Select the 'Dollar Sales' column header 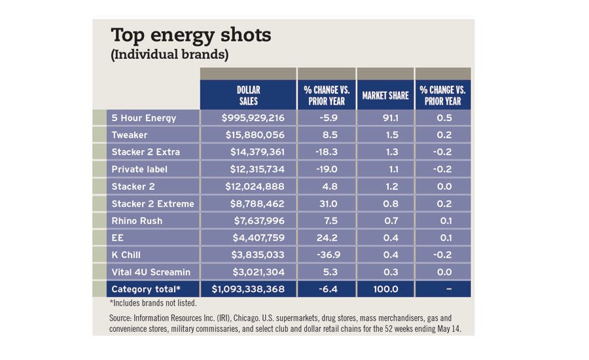(248, 95)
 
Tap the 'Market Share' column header (385, 96)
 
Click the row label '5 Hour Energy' (144, 118)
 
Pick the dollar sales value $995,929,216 (248, 118)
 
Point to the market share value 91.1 (385, 118)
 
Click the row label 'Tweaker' (130, 135)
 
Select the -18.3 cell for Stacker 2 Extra (326, 152)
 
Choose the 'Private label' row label (139, 169)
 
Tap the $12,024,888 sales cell (248, 186)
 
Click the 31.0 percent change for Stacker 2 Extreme (326, 204)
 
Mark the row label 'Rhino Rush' (137, 221)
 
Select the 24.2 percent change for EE (326, 238)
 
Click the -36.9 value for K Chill (326, 255)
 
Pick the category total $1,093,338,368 (248, 289)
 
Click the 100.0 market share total (385, 289)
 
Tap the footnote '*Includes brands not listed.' (153, 303)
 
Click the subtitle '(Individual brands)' (170, 55)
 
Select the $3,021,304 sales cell (248, 272)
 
